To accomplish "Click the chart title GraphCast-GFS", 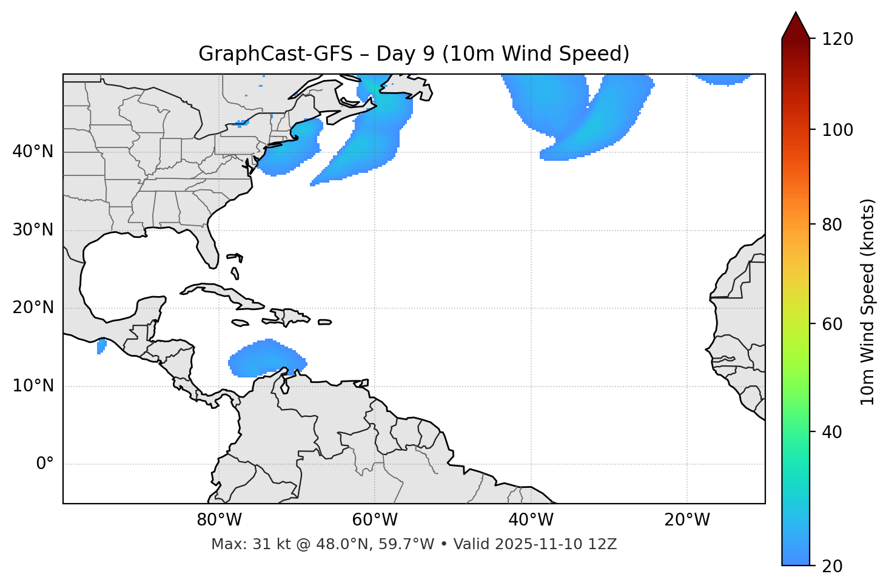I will point(414,54).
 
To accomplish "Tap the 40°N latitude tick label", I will point(33,152).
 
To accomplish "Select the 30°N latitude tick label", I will point(33,230).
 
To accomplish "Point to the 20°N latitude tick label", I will point(33,308).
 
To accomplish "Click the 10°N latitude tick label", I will point(33,386).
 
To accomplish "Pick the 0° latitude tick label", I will point(44,464).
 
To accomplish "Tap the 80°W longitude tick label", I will point(219,520).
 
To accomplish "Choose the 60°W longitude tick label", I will point(375,520).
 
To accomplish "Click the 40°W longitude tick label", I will point(531,520).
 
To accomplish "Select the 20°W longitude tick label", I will point(686,520).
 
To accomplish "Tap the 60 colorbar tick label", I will point(835,324).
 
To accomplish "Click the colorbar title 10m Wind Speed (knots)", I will point(868,302).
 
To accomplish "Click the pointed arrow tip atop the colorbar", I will point(796,15).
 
